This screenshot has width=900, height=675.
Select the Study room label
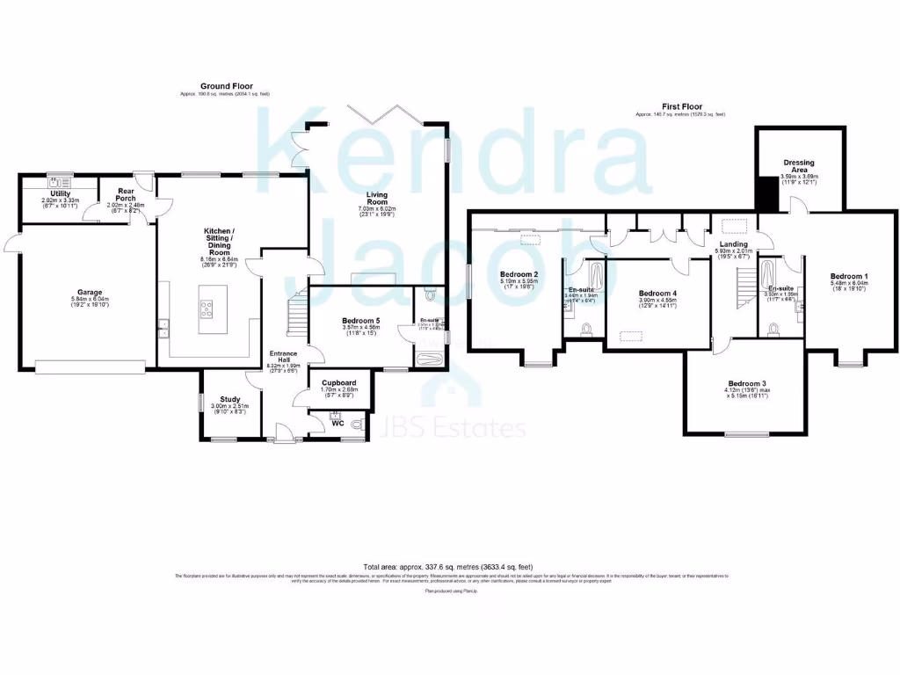click(231, 399)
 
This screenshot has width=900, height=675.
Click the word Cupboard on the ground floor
click(338, 383)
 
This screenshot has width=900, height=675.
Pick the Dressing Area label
click(800, 166)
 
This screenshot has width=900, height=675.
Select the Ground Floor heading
click(225, 86)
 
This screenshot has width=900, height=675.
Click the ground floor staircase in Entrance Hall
click(297, 312)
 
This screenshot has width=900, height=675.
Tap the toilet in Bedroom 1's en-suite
click(774, 330)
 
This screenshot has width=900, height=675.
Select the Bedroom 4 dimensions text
click(657, 303)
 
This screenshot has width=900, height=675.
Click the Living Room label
click(377, 198)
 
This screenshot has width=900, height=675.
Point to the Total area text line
click(449, 567)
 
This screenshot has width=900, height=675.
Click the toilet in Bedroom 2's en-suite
click(588, 330)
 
